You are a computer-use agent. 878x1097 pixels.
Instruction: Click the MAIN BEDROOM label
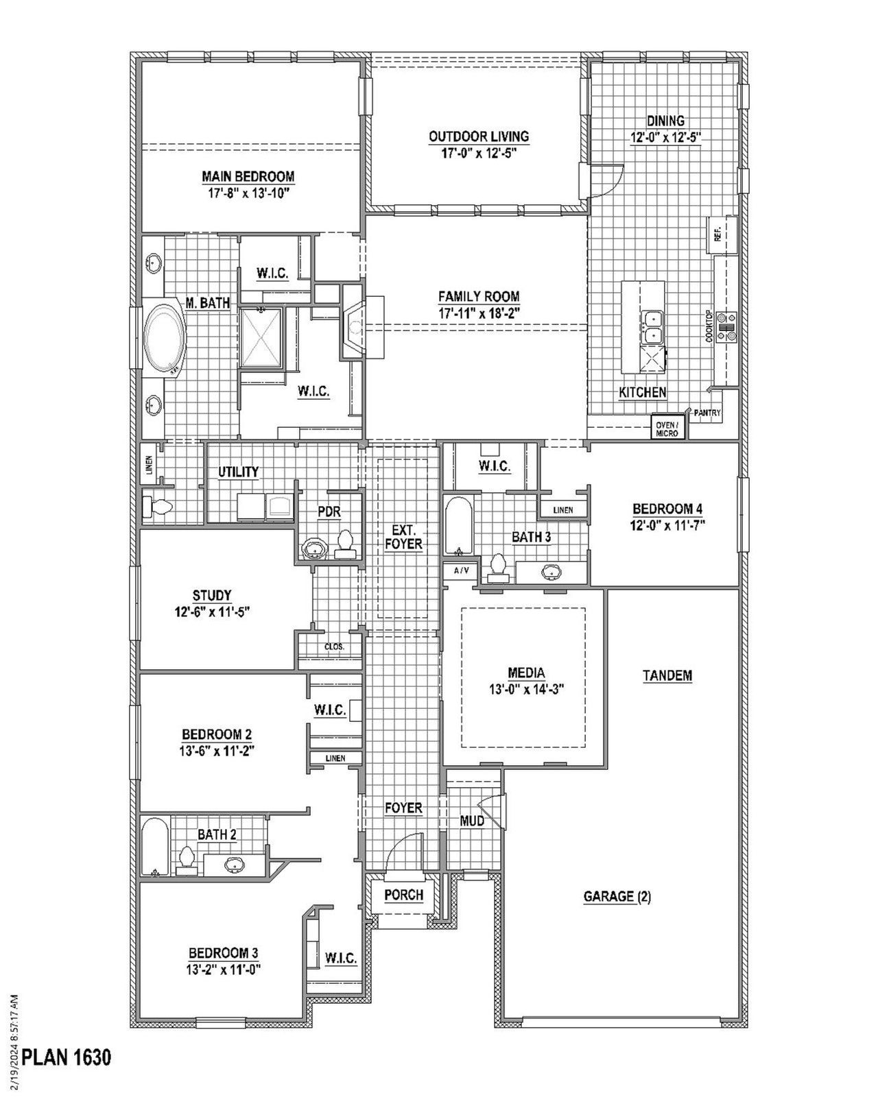(248, 176)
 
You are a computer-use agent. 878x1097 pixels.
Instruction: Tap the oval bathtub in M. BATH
(165, 339)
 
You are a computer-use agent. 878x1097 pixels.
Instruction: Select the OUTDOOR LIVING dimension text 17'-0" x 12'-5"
(479, 152)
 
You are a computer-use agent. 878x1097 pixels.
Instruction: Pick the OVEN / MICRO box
(667, 429)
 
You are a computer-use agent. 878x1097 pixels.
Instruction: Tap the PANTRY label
(707, 413)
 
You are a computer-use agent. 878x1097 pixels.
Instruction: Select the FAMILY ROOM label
(479, 296)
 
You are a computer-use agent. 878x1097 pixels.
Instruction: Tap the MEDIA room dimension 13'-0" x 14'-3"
(526, 689)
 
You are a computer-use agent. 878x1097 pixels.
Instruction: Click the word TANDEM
(667, 675)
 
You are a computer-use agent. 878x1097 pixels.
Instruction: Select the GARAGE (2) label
(617, 895)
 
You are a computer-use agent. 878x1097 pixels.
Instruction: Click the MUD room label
(472, 821)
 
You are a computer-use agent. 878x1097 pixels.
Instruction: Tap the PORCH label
(403, 895)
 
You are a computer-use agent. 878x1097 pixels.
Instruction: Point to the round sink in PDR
(315, 549)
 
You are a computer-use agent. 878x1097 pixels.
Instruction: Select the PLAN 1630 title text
(66, 1057)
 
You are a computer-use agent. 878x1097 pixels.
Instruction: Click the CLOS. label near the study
(334, 647)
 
